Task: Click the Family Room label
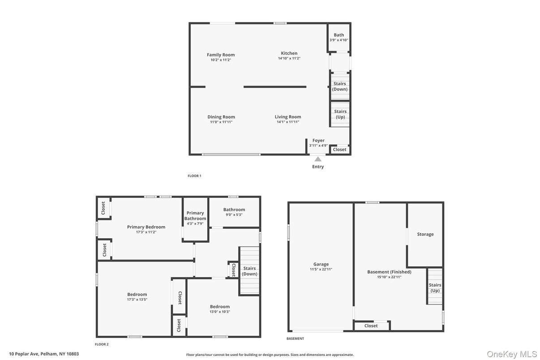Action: coord(221,55)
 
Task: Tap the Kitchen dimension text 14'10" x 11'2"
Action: coord(289,58)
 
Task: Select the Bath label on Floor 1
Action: coord(339,35)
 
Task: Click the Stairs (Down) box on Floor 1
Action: coord(339,86)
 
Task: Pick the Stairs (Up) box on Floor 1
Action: coord(340,114)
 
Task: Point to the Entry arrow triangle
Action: coord(318,159)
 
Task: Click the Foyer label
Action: coord(318,141)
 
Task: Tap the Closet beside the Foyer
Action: coord(339,150)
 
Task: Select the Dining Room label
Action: coord(221,117)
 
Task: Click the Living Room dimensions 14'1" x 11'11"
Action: coord(288,122)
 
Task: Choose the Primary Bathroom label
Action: coord(195,216)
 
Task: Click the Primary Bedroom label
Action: coord(146,227)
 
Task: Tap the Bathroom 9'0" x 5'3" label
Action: coord(234,210)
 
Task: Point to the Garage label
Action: coord(321,264)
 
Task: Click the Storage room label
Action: coord(425,234)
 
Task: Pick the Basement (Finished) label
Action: coord(389,272)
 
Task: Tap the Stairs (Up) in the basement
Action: coord(435,287)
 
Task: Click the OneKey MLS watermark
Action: coord(512,354)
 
